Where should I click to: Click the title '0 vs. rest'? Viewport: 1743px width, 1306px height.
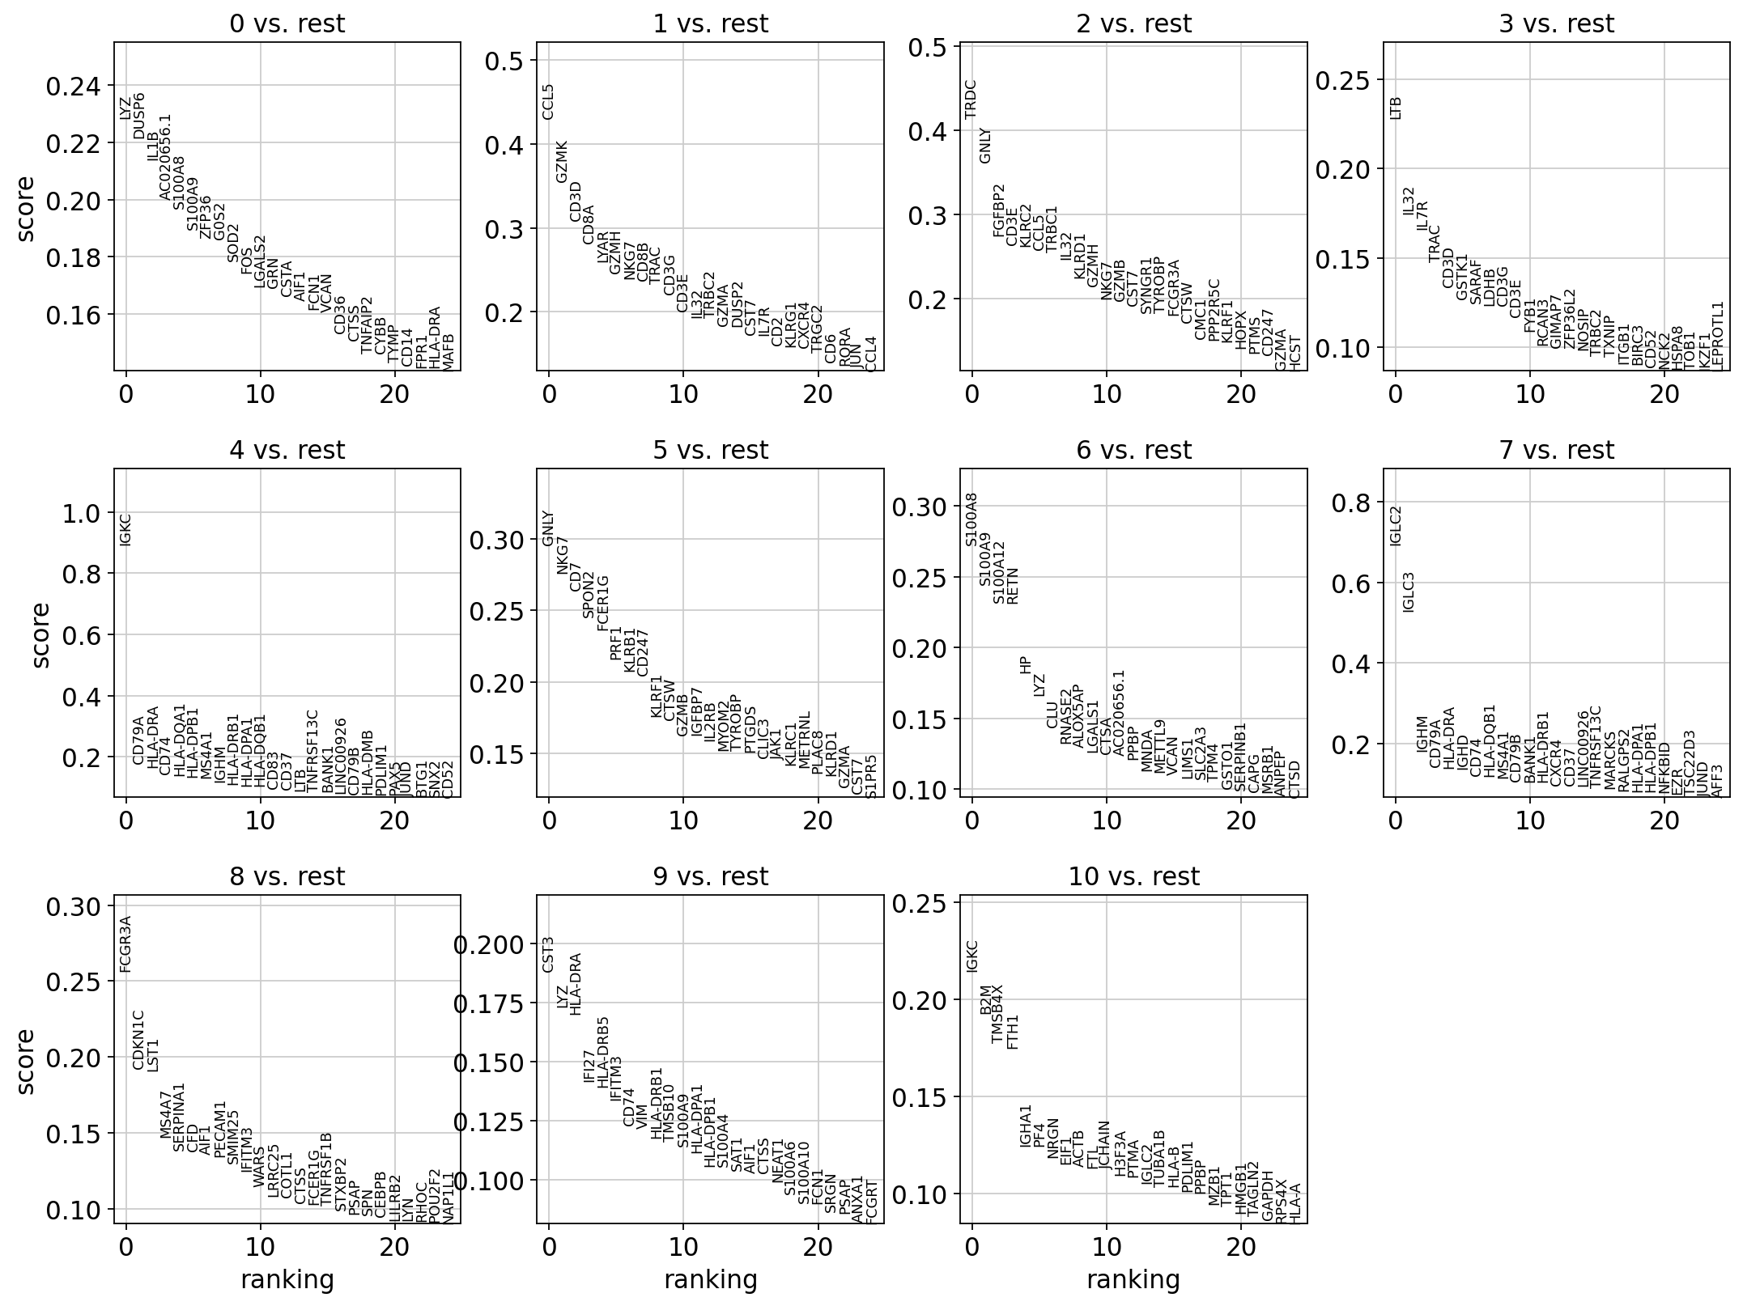point(287,24)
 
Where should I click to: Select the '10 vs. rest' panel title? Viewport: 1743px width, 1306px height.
point(1133,876)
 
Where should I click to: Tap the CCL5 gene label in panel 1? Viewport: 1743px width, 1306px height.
point(548,101)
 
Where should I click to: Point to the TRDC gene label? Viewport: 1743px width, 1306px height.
point(971,99)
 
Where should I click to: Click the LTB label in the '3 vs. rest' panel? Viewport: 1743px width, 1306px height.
point(1395,108)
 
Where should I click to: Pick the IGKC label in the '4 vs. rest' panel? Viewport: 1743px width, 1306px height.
point(125,529)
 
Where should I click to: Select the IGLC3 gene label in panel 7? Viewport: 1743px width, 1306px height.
point(1409,592)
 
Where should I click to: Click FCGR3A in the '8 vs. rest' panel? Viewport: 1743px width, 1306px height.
point(125,943)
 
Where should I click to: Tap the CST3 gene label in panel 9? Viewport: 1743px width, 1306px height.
point(548,954)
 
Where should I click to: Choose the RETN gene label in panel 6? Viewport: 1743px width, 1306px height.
point(1012,585)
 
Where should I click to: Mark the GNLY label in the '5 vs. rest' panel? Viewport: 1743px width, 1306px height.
point(548,528)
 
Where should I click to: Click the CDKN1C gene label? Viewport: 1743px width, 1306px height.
point(138,1039)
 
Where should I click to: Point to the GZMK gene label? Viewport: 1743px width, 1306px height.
point(562,161)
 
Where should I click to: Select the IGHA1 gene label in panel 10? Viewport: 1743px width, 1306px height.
point(1026,1126)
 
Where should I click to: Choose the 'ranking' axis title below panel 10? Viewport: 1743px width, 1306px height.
point(1133,1279)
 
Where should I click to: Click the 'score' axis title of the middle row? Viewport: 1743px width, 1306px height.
point(41,635)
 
